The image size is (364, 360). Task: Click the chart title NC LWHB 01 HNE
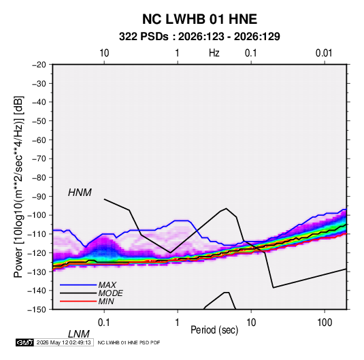(199, 19)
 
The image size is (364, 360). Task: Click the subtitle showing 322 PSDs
(199, 37)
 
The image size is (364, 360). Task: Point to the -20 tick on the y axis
(39, 65)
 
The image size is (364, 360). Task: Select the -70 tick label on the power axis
(39, 159)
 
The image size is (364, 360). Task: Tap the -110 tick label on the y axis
(37, 234)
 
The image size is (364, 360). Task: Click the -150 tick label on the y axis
(37, 310)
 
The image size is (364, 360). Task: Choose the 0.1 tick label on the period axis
(104, 323)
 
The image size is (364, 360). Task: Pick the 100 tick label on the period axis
(325, 323)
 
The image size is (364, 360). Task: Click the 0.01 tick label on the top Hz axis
(324, 53)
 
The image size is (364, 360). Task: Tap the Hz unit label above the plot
(214, 53)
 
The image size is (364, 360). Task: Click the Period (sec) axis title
(214, 330)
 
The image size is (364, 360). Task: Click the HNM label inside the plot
(80, 193)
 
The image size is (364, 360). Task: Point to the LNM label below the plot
(78, 334)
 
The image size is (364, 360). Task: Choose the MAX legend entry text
(107, 284)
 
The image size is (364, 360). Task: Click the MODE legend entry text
(110, 293)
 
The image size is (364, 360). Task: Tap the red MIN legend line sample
(78, 301)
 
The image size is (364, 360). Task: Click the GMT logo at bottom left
(24, 342)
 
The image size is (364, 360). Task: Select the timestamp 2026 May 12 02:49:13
(63, 342)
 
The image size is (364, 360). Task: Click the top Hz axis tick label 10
(104, 53)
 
